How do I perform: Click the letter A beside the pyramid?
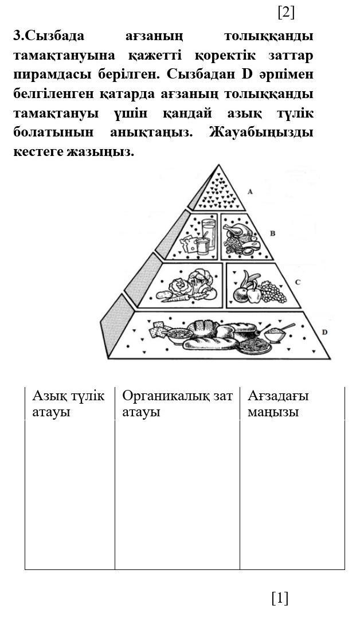[x=250, y=192]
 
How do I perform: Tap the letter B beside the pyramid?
[x=272, y=233]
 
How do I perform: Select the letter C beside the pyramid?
[x=298, y=282]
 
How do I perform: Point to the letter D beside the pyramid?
[x=324, y=332]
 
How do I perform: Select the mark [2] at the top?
[x=285, y=11]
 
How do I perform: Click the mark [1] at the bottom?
[x=280, y=598]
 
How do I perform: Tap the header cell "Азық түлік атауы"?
[x=69, y=404]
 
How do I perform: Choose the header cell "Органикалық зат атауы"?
[x=177, y=404]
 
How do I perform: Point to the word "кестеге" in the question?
[x=36, y=152]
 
